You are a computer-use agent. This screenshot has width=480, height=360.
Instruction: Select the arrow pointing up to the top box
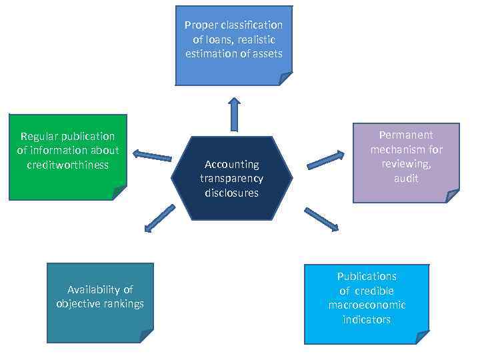pyautogui.click(x=234, y=114)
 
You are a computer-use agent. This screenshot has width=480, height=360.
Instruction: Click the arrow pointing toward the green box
pyautogui.click(x=152, y=155)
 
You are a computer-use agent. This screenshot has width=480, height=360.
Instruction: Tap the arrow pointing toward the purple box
pyautogui.click(x=325, y=160)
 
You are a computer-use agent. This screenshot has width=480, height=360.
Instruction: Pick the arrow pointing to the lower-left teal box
pyautogui.click(x=159, y=219)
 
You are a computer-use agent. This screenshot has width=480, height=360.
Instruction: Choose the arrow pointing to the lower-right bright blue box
pyautogui.click(x=321, y=219)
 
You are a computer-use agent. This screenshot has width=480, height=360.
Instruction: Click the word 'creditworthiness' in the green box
pyautogui.click(x=67, y=165)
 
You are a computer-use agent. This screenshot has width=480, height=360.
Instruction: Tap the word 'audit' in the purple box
pyautogui.click(x=406, y=178)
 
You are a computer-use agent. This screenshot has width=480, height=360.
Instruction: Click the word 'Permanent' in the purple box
pyautogui.click(x=406, y=135)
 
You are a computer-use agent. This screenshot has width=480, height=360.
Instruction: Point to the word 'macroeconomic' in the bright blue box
pyautogui.click(x=367, y=305)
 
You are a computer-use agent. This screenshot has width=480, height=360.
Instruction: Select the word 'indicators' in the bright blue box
pyautogui.click(x=367, y=319)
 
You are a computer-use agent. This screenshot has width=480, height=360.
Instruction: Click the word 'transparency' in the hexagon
pyautogui.click(x=231, y=179)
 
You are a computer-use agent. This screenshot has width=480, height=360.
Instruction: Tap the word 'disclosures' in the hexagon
pyautogui.click(x=231, y=193)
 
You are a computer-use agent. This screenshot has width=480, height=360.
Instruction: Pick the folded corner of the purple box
pyautogui.click(x=453, y=196)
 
